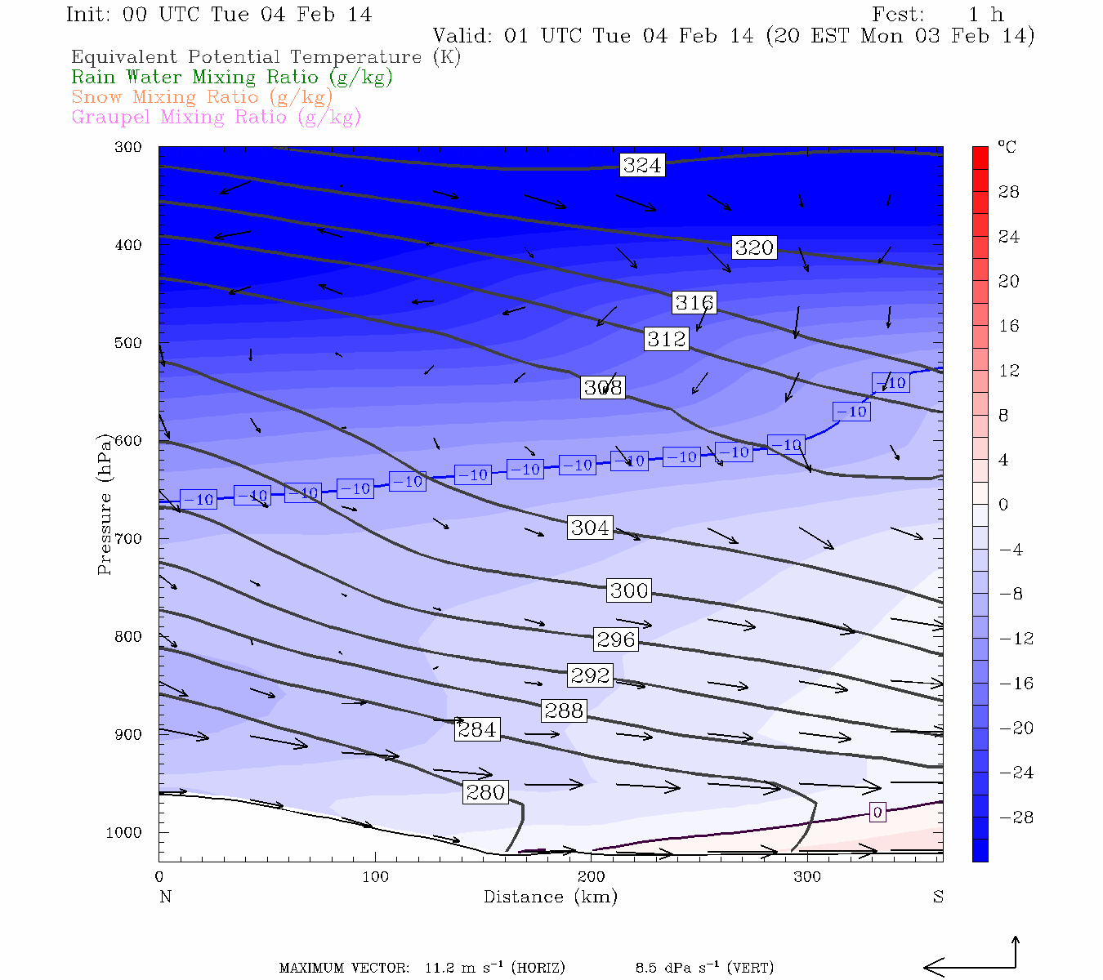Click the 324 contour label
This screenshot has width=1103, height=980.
coord(641,165)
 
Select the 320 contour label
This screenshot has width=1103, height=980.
coord(753,247)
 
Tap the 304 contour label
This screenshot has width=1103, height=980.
coord(590,528)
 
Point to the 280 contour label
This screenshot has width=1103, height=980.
coord(485,792)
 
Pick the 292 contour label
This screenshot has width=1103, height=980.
coord(590,675)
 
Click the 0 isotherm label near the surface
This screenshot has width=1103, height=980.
coord(877,812)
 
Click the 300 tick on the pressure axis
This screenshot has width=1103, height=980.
coord(128,147)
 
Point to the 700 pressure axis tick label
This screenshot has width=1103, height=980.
coord(128,539)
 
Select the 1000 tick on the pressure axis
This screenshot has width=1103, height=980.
coord(124,832)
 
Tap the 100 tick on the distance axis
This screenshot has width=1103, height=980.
coord(375,877)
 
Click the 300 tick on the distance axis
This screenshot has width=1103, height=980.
coord(807,877)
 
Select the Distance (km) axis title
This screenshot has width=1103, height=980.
coord(550,897)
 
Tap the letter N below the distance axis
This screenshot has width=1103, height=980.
coord(165,897)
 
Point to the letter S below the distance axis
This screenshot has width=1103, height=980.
coord(938,897)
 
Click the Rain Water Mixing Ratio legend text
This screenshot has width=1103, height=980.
coord(232,78)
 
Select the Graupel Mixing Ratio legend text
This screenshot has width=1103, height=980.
coord(216,117)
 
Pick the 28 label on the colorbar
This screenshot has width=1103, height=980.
coord(1009,192)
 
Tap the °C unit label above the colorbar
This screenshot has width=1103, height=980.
coord(1007,147)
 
